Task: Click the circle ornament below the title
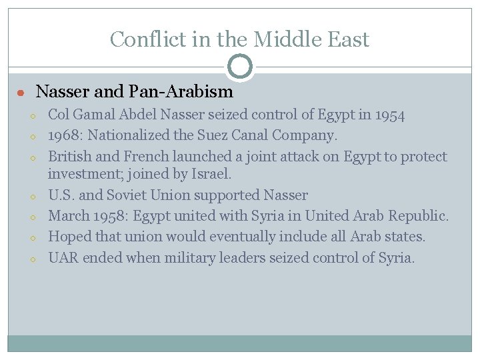pos(240,66)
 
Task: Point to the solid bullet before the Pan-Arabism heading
pos(21,93)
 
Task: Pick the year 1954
pos(389,115)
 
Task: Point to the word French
pos(148,157)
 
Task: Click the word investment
pos(83,175)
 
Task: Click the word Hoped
pos(69,237)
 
